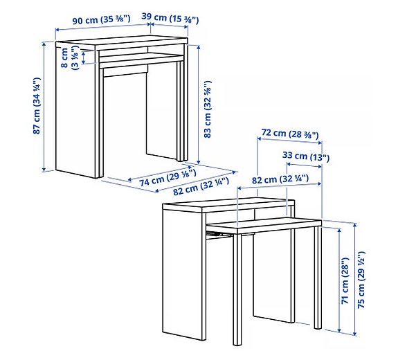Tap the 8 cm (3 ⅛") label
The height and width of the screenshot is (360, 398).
70,57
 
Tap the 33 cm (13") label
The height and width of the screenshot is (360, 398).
305,156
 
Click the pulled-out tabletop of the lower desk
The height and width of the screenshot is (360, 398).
263,225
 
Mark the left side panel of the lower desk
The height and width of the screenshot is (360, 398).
183,277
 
